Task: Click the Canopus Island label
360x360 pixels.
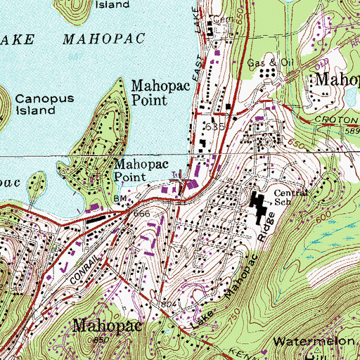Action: click(35, 105)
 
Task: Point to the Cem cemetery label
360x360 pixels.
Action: click(224, 19)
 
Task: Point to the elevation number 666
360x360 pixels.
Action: click(143, 212)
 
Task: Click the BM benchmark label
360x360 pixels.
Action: click(120, 200)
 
